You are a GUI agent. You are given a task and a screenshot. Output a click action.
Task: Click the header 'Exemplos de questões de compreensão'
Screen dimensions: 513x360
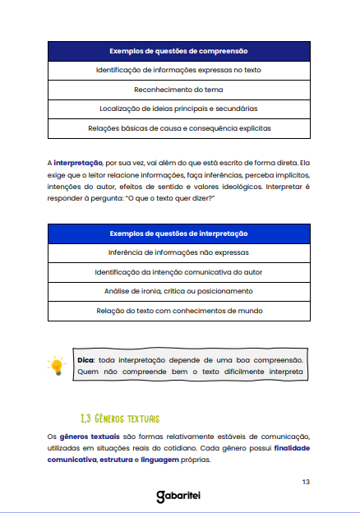pyautogui.click(x=178, y=51)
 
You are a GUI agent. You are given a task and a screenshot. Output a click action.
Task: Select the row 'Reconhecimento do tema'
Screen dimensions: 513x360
pyautogui.click(x=178, y=90)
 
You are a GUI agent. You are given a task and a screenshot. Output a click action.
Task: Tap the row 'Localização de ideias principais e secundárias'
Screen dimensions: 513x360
pyautogui.click(x=178, y=109)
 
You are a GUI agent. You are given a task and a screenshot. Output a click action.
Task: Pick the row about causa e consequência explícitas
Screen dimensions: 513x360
pyautogui.click(x=178, y=128)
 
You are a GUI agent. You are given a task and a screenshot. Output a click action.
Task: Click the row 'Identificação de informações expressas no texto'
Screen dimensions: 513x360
pyautogui.click(x=178, y=71)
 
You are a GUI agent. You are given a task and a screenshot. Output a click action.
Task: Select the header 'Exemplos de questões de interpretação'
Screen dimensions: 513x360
pyautogui.click(x=178, y=233)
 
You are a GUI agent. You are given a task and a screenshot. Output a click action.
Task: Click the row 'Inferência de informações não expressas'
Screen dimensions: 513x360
pyautogui.click(x=178, y=252)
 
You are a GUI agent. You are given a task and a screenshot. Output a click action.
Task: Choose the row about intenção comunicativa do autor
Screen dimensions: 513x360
pyautogui.click(x=178, y=271)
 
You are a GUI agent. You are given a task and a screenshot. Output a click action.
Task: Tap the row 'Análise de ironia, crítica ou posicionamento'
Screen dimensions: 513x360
pyautogui.click(x=178, y=291)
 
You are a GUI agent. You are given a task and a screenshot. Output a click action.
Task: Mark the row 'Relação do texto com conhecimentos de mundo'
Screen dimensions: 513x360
pyautogui.click(x=178, y=311)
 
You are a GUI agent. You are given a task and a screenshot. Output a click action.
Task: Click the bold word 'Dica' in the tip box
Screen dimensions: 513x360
pyautogui.click(x=85, y=360)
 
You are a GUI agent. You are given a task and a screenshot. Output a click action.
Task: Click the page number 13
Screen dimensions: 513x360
pyautogui.click(x=305, y=481)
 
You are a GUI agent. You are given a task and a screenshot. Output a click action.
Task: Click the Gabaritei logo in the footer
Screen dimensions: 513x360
pyautogui.click(x=179, y=497)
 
